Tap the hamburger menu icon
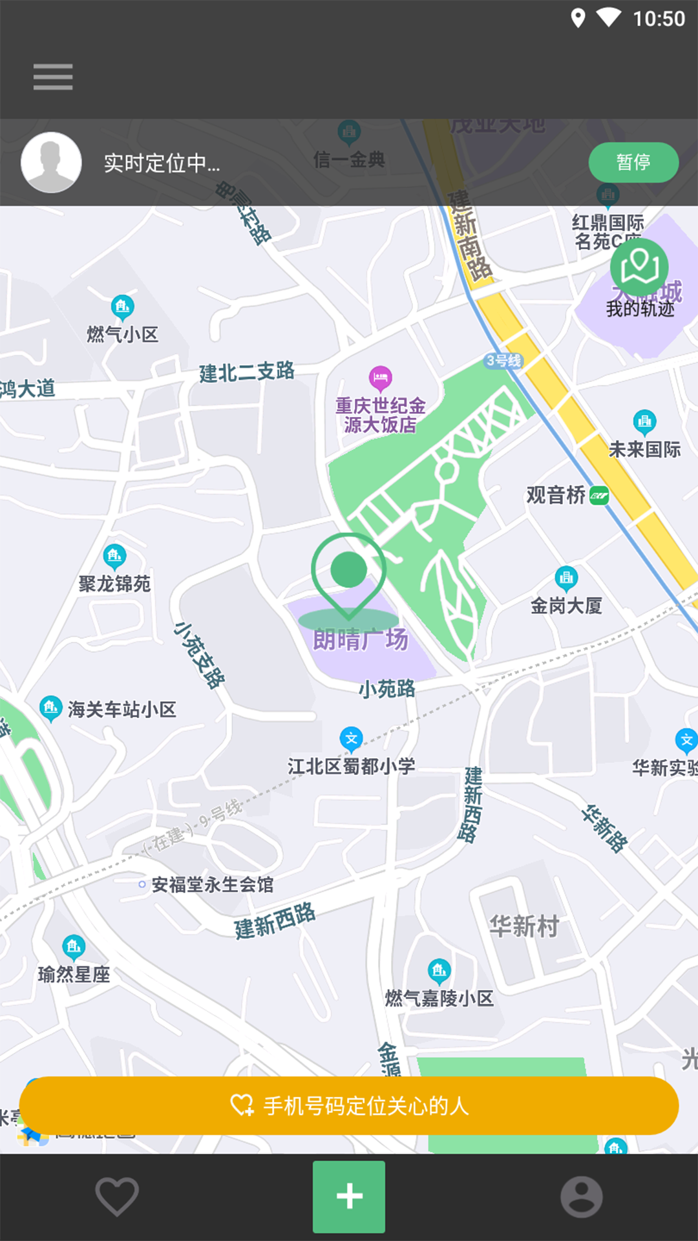tap(53, 77)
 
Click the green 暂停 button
tap(633, 162)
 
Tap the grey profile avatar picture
tap(51, 162)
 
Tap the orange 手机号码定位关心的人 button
tap(349, 1106)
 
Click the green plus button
tap(349, 1196)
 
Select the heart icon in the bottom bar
tap(117, 1196)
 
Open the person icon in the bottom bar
tap(581, 1196)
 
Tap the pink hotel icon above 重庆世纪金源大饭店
tap(380, 377)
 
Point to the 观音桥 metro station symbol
tap(599, 496)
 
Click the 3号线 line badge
tap(503, 361)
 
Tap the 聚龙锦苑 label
tap(114, 584)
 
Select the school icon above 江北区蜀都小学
tap(351, 739)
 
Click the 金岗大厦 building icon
tap(566, 578)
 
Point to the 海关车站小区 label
tap(122, 710)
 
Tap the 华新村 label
tap(523, 926)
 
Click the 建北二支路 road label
tap(246, 372)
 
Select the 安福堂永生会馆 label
tap(212, 884)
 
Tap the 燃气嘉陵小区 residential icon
tap(439, 970)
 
